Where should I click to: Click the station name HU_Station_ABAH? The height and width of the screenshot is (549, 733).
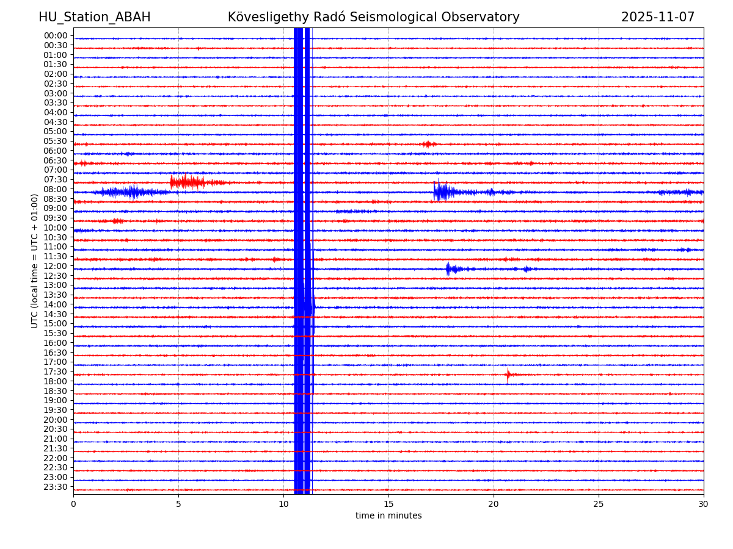[94, 18]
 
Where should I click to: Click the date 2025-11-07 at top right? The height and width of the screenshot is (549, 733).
[657, 18]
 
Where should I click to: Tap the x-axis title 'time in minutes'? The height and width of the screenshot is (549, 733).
[388, 516]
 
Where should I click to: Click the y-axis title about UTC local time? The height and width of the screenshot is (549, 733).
[35, 261]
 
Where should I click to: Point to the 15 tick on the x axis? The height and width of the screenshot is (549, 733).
[388, 504]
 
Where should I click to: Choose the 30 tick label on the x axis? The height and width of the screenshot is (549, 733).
[703, 504]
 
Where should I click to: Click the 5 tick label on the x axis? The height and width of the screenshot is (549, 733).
[178, 504]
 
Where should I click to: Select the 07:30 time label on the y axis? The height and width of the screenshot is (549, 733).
[56, 180]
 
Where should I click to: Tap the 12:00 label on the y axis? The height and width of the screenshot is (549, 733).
[56, 267]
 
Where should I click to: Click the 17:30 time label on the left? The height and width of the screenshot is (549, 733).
[56, 372]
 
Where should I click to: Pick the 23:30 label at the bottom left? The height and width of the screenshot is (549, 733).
[56, 487]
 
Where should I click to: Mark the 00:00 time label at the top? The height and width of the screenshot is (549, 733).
[56, 36]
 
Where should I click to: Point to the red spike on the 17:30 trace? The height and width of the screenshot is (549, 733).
[508, 375]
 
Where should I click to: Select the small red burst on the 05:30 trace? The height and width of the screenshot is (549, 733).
[428, 144]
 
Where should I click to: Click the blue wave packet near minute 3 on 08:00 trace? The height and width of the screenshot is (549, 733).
[131, 192]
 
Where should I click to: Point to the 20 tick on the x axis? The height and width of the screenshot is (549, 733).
[494, 504]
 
